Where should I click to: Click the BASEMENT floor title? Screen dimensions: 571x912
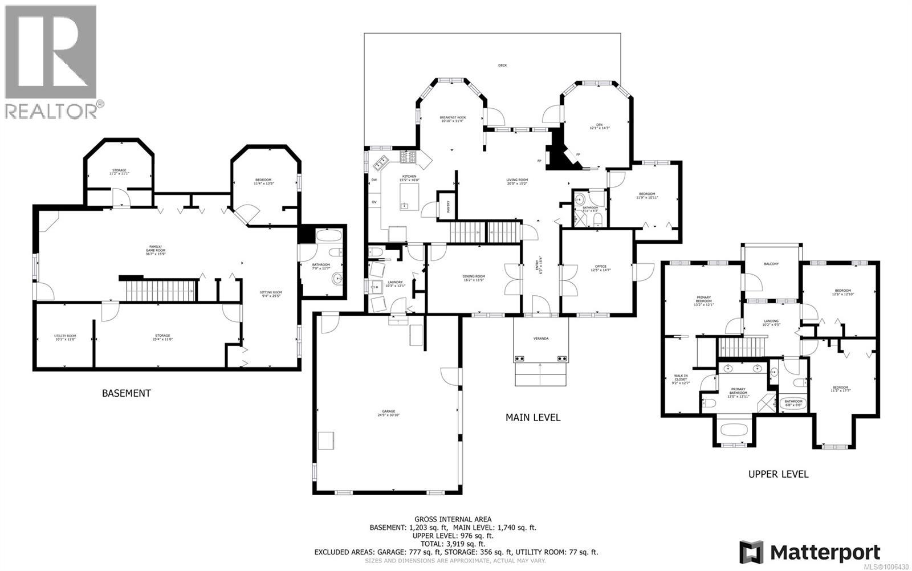pos(126,393)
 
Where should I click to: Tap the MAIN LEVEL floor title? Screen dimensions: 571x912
pos(533,417)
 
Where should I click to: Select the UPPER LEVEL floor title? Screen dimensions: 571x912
pos(778,474)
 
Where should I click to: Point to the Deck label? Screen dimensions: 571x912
pos(502,66)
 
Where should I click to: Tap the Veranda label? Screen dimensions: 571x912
pos(541,338)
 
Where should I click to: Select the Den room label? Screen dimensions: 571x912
pos(599,127)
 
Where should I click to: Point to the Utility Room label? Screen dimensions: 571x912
pos(65,336)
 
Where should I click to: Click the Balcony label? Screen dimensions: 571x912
pos(771,264)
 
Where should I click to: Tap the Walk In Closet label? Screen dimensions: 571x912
pos(681,379)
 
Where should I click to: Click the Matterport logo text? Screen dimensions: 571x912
pos(824,552)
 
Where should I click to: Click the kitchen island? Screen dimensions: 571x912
pos(409,197)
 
